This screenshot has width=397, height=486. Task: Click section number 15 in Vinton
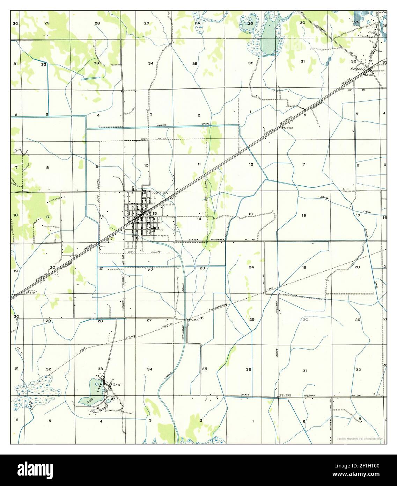[x=155, y=213]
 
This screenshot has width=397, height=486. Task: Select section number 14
[x=199, y=219]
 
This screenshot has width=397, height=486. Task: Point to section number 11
[x=199, y=164]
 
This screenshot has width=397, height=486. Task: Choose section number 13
[x=250, y=214]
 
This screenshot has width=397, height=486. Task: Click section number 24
[x=251, y=267]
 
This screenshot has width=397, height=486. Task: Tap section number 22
[x=150, y=270]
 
